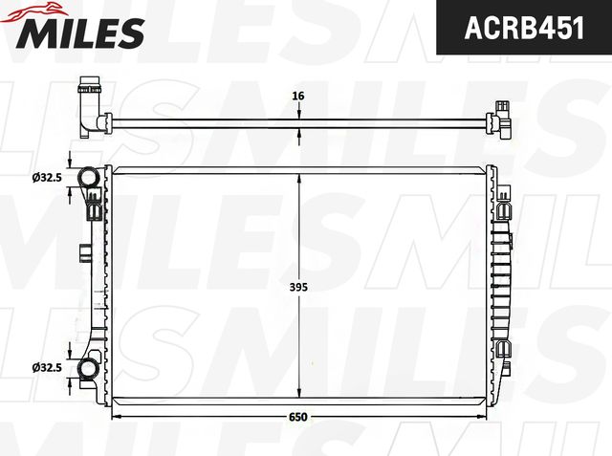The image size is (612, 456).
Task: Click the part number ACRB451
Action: pos(524,29)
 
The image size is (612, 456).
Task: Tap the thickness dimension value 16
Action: pos(298,96)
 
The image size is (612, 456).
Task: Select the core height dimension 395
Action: pos(298,285)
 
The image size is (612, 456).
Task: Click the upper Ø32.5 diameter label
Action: pos(47,177)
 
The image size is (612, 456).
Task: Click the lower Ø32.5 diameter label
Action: pos(47,367)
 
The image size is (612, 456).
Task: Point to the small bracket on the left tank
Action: pos(85,253)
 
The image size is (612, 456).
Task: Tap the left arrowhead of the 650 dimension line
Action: pos(117,417)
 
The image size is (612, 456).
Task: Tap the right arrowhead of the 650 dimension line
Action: pos(482,417)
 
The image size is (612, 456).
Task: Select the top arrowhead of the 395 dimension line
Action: pos(299,179)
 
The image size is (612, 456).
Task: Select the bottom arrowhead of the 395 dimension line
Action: pos(299,393)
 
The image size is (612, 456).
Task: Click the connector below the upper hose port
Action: pos(94,204)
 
